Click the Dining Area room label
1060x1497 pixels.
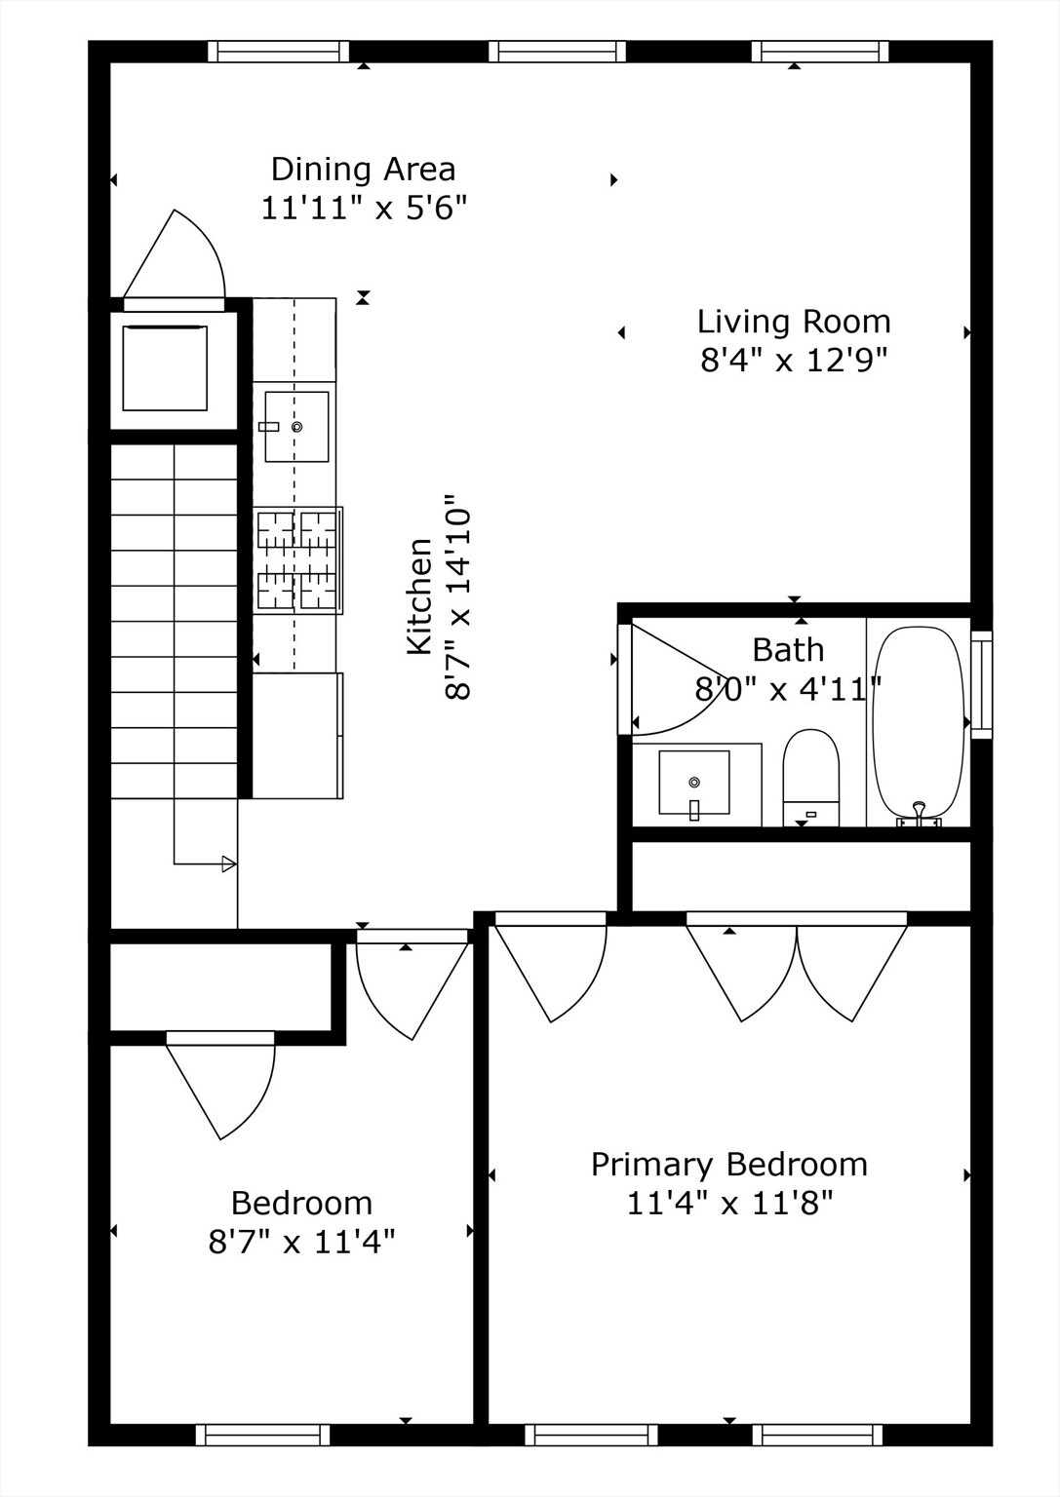pos(363,170)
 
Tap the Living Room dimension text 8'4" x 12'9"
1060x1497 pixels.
pos(794,361)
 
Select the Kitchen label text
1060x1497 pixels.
pos(419,596)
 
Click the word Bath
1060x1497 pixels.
pos(788,650)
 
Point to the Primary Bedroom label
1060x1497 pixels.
pos(728,1165)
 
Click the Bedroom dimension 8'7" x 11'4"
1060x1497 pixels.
pos(301,1243)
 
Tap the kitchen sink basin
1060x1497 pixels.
pos(296,427)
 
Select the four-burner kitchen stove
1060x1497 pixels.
pos(297,560)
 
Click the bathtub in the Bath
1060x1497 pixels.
pos(918,723)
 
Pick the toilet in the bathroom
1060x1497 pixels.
pos(810,776)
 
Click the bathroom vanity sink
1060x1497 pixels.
pos(694,782)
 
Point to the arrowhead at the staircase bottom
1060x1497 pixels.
pos(229,864)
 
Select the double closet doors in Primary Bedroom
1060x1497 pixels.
pos(797,970)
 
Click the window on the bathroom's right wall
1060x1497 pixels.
pos(982,684)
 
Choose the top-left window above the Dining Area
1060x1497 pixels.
pos(278,52)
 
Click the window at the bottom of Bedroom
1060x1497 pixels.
pos(262,1435)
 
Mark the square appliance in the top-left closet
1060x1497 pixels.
pos(165,368)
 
